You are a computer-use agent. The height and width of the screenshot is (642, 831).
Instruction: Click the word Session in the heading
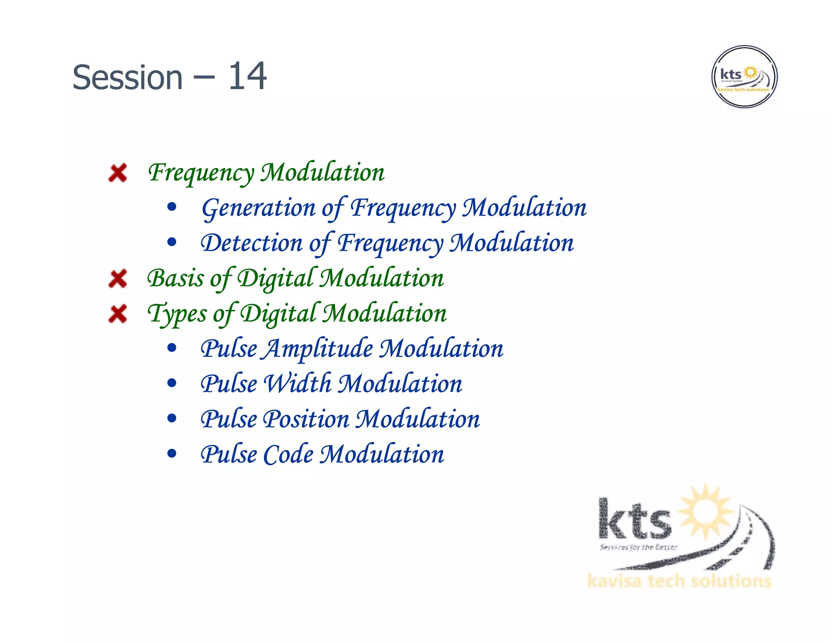point(127,78)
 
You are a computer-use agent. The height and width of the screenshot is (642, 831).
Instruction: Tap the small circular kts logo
point(744,77)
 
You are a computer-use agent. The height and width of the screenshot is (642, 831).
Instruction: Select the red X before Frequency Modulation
point(118,173)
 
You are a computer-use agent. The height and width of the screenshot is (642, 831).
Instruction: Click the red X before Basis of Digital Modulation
point(118,279)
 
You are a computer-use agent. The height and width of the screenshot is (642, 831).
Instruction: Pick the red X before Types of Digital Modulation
point(118,314)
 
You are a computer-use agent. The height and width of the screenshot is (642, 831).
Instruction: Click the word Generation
point(258,208)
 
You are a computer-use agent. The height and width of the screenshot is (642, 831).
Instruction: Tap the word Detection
point(252,243)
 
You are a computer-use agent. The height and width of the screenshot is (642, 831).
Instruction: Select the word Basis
point(175,279)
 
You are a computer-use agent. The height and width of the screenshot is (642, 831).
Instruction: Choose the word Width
point(298,384)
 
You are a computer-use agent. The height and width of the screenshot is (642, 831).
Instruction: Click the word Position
point(306,419)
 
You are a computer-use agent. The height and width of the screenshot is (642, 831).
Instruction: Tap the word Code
point(288,455)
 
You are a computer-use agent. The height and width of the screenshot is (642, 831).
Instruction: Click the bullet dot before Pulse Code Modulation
point(172,453)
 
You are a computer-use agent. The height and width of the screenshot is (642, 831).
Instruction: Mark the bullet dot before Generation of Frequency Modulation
point(172,207)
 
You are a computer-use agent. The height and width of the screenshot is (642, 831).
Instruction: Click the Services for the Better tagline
point(638,547)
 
